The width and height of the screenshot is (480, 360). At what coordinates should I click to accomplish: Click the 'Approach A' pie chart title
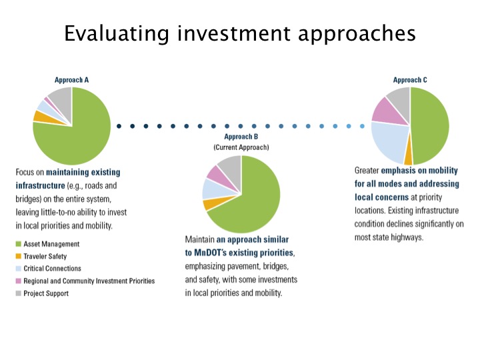click(x=71, y=80)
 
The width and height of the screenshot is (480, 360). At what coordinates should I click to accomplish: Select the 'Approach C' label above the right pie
click(x=410, y=80)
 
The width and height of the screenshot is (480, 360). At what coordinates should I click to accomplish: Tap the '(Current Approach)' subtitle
click(x=241, y=147)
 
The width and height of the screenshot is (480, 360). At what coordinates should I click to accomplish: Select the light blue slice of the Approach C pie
click(x=389, y=141)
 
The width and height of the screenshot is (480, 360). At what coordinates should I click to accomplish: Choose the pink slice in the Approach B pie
click(x=220, y=177)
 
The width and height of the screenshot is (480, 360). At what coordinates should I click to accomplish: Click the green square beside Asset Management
click(x=19, y=244)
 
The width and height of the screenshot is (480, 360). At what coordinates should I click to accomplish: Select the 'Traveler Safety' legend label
click(x=45, y=256)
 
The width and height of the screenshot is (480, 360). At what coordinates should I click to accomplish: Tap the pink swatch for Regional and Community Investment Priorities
click(x=19, y=281)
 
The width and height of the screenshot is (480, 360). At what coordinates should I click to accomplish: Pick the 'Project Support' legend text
click(x=46, y=293)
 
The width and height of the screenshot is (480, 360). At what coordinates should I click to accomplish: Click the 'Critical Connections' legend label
click(x=53, y=269)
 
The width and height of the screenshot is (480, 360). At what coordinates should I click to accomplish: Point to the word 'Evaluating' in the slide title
click(x=117, y=33)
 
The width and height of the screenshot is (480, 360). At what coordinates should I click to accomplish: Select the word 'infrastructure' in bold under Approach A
click(x=40, y=186)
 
